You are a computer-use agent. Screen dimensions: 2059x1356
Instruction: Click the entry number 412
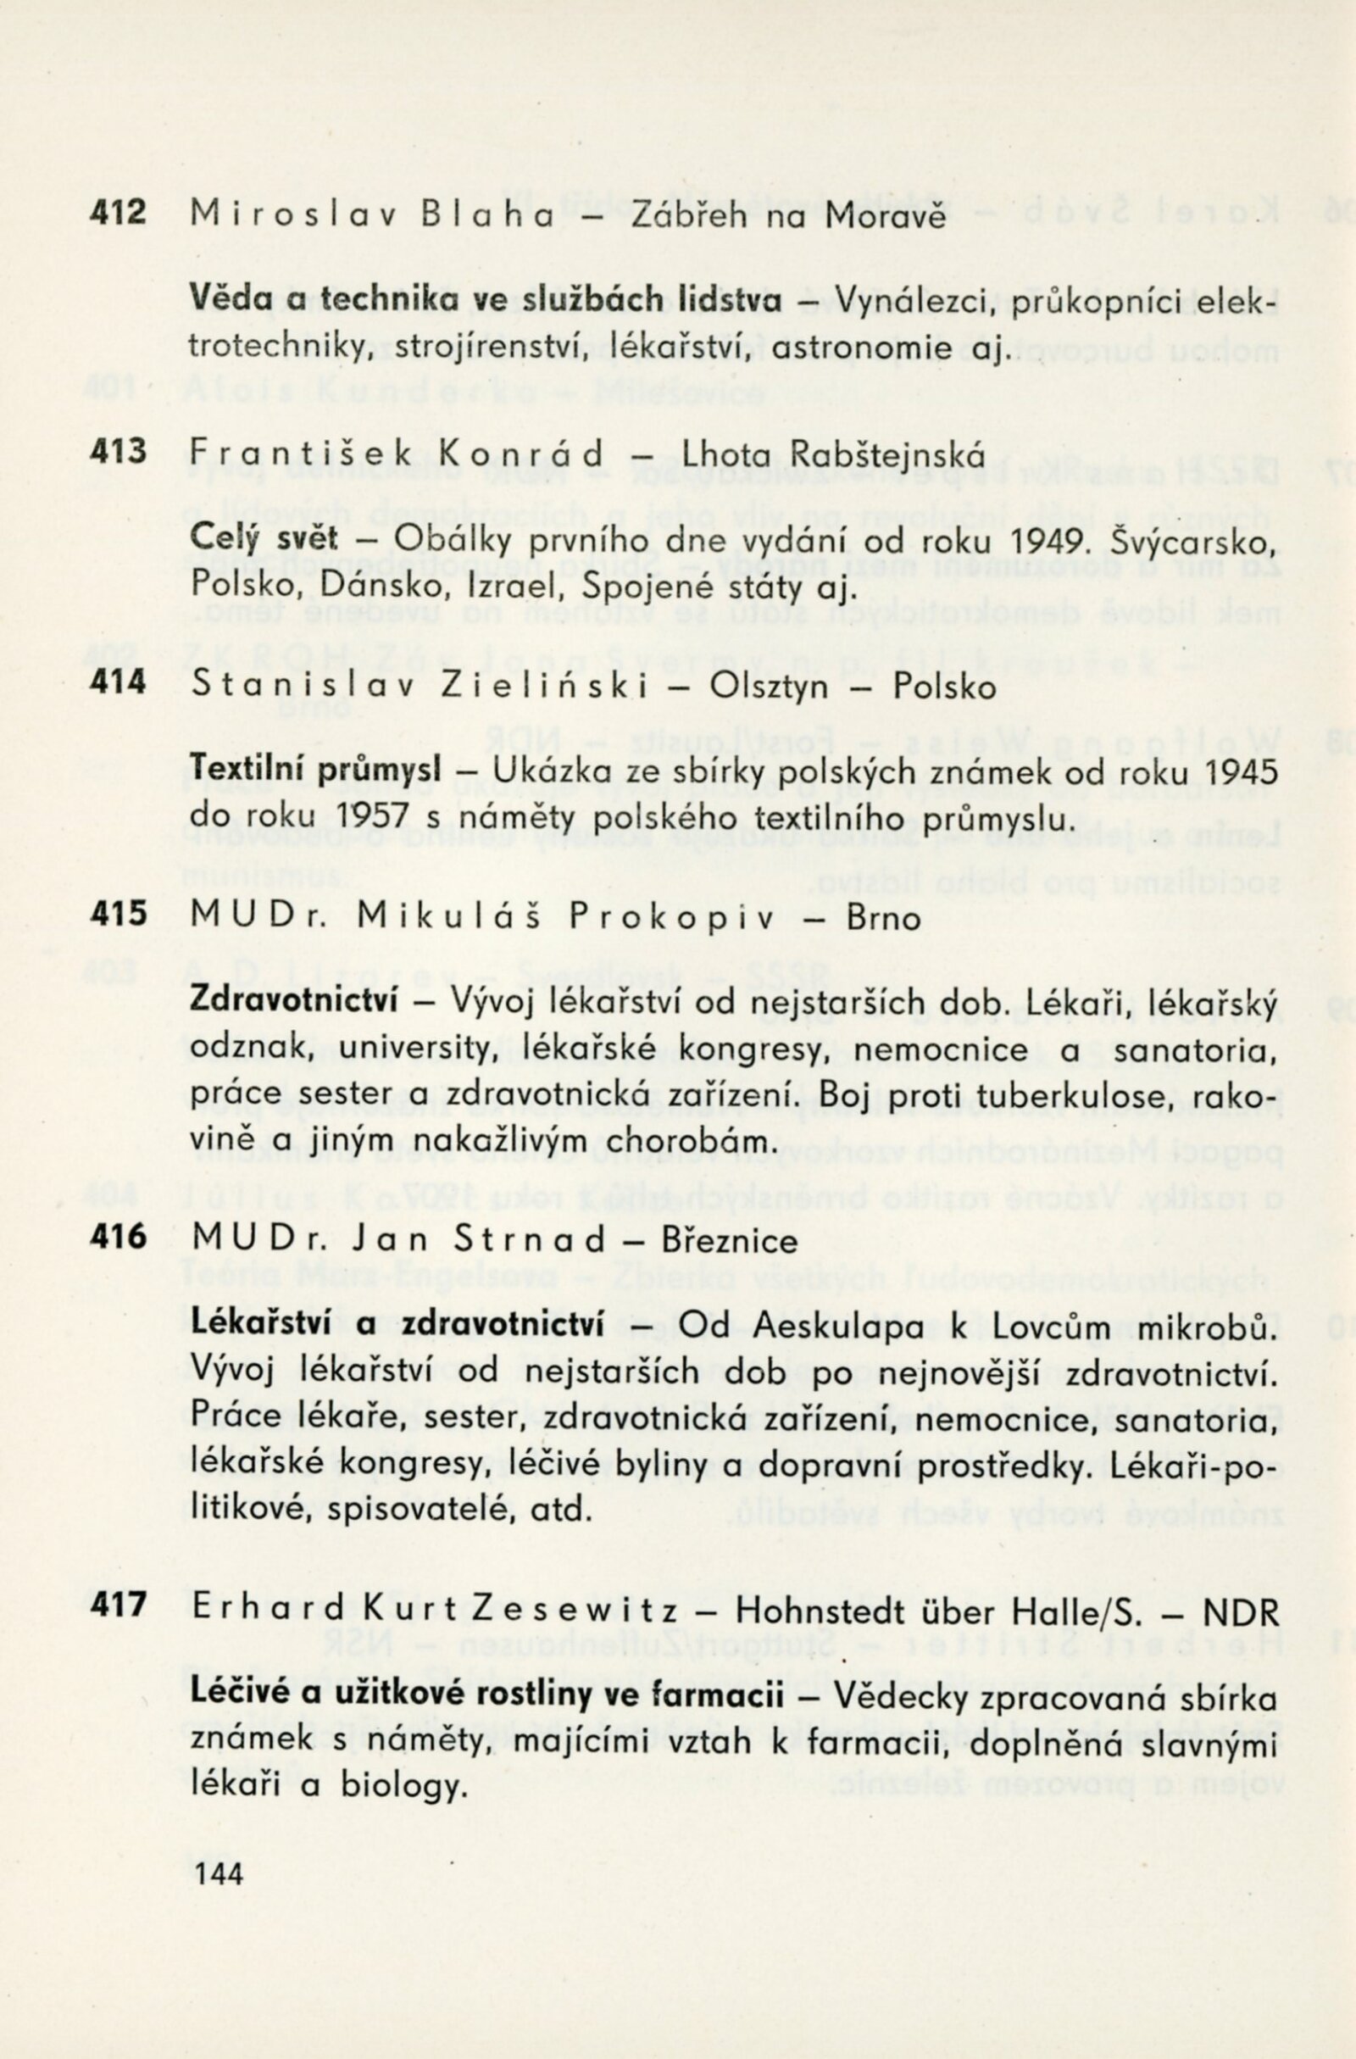pos(119,213)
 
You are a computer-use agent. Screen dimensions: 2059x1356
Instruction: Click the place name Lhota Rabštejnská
pos(833,453)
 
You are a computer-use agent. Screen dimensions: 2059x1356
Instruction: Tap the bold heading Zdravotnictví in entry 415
pos(293,1001)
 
